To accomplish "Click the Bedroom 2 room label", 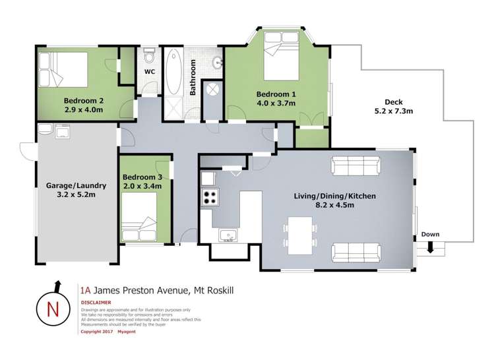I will (x=83, y=101).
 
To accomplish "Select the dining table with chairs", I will (x=301, y=234).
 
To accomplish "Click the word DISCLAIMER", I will (x=96, y=303).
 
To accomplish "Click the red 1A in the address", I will (x=84, y=289).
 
